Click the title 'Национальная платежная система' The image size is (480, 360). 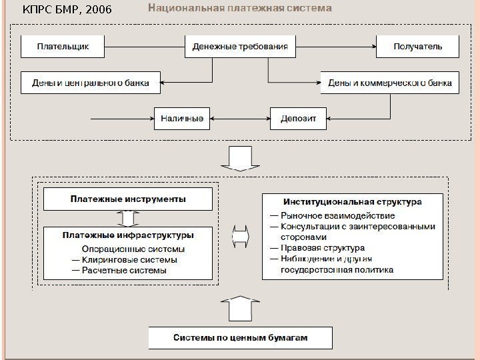(239, 9)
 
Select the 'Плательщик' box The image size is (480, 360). (63, 47)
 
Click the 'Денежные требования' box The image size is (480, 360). (240, 47)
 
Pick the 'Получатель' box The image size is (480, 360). (418, 47)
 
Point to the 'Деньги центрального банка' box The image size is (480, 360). (91, 83)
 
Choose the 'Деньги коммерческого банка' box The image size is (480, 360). (390, 83)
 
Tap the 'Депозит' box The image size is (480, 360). (298, 119)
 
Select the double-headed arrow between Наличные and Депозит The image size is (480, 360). (240, 119)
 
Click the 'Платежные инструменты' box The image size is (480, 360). (128, 199)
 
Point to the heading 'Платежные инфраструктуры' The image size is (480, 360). (128, 235)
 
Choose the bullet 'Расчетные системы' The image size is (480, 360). (119, 271)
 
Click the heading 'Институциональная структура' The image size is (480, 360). (353, 201)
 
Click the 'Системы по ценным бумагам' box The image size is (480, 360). (240, 338)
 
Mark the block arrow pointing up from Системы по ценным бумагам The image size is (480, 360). (239, 307)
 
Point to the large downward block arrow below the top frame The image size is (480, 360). (239, 157)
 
